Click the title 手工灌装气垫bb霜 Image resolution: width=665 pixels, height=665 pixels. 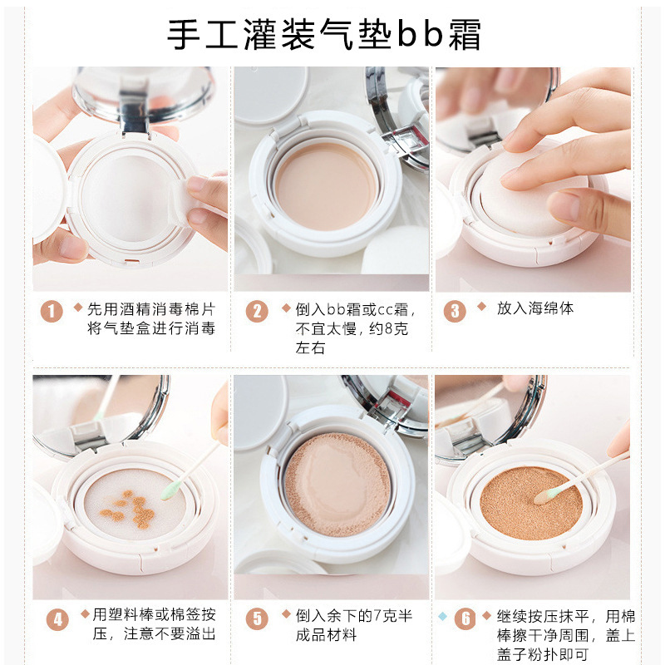[x=324, y=35]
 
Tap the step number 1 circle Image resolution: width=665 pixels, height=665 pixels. [x=52, y=311]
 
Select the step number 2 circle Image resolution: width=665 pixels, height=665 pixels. [x=257, y=311]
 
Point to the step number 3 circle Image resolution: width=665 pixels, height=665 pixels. [x=455, y=311]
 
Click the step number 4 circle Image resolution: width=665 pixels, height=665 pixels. [x=57, y=619]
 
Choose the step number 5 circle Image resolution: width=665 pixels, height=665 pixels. [x=257, y=618]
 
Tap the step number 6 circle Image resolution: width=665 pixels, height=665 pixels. [x=465, y=618]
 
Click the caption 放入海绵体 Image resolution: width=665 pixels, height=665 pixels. [x=535, y=308]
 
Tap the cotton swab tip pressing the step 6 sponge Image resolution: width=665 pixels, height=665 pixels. [x=545, y=495]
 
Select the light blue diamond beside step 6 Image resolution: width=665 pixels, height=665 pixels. [x=442, y=616]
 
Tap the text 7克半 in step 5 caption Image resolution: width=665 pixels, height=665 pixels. [x=391, y=616]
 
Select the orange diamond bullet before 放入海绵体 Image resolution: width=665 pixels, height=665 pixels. [x=481, y=306]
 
